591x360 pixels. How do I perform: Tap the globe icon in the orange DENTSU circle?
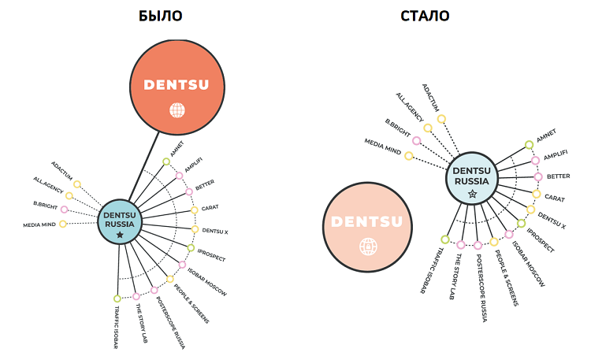click(177, 110)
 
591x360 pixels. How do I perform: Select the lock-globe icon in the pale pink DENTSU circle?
click(367, 246)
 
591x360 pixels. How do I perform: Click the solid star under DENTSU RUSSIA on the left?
click(119, 234)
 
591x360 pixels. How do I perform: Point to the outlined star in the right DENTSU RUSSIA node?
click(472, 193)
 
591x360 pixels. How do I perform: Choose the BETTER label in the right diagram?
click(558, 176)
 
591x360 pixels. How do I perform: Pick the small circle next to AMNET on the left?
click(166, 161)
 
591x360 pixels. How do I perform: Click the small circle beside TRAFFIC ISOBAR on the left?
click(117, 299)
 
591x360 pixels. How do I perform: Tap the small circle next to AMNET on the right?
click(529, 145)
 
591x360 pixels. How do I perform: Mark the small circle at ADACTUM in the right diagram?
click(441, 119)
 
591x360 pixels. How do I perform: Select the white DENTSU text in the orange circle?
click(177, 84)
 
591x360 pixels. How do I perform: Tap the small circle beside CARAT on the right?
click(537, 194)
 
